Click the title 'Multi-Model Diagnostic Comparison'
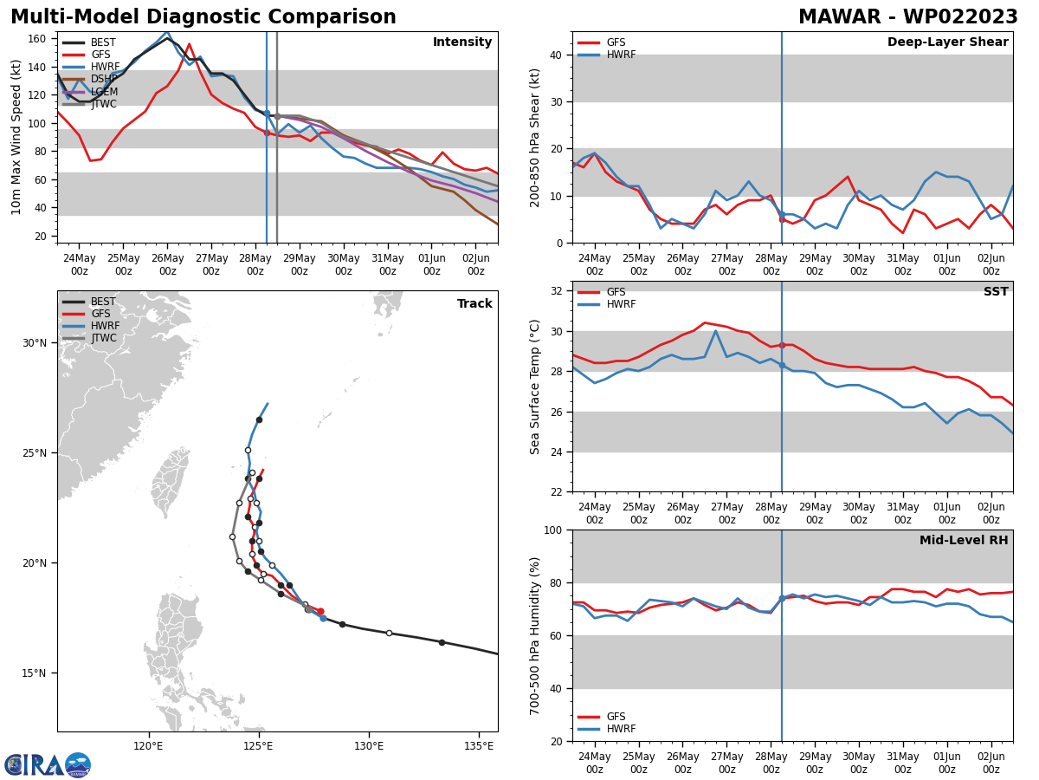point(203,17)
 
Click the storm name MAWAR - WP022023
point(907,17)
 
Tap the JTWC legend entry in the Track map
point(104,338)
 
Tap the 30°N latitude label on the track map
point(35,343)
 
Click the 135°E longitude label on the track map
point(479,744)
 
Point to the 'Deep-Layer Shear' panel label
point(947,42)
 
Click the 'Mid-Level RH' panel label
point(964,541)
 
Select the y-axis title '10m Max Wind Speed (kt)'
point(17,137)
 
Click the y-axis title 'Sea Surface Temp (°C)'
point(535,387)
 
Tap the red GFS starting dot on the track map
point(319,612)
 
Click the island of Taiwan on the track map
point(171,481)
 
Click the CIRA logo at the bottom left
point(48,765)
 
